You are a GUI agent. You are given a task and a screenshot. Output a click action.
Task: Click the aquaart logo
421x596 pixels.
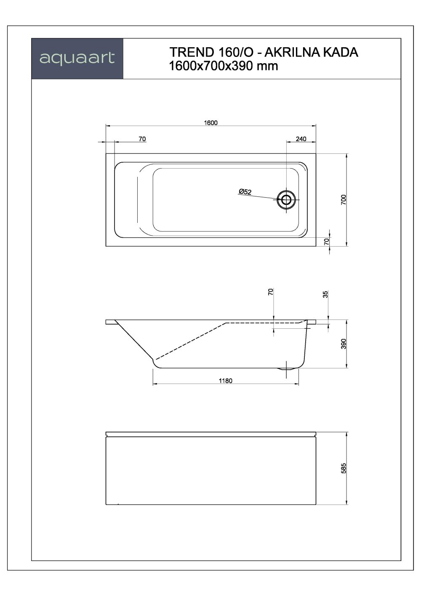click(77, 58)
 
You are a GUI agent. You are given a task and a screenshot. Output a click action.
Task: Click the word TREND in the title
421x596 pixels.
click(192, 52)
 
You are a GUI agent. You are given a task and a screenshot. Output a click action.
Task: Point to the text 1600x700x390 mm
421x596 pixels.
click(224, 66)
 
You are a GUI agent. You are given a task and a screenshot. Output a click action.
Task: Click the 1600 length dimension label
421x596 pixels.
click(210, 123)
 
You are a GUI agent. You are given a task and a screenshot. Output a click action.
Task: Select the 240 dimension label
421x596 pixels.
click(301, 139)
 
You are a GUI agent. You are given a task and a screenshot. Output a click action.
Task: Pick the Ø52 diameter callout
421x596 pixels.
click(245, 192)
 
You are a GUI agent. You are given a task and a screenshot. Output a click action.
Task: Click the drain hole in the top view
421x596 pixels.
click(286, 200)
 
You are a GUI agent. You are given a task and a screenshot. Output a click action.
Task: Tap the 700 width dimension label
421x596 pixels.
click(343, 199)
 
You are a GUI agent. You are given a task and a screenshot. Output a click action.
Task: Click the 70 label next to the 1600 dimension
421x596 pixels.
click(142, 139)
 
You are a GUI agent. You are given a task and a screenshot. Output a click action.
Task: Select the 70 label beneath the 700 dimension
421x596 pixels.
click(326, 241)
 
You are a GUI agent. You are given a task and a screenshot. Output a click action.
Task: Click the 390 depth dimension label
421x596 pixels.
click(343, 344)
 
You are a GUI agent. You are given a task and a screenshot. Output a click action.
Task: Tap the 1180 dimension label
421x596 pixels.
click(226, 381)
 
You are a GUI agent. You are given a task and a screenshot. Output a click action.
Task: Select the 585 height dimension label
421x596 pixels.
click(343, 468)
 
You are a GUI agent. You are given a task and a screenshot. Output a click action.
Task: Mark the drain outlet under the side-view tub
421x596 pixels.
click(287, 369)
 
